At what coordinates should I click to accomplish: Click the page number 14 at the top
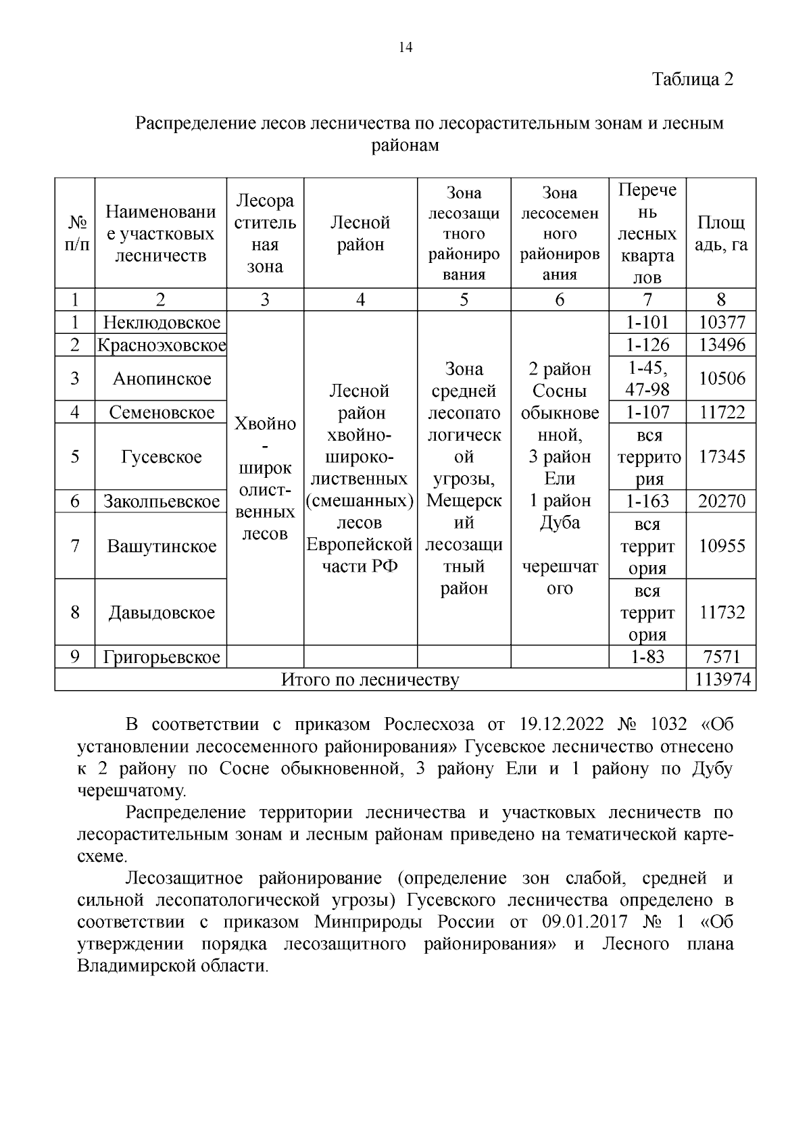(405, 47)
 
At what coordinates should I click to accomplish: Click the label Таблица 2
(692, 79)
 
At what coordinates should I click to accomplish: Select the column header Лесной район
(360, 233)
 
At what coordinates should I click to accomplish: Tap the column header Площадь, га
(721, 233)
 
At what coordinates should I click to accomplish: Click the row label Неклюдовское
(162, 322)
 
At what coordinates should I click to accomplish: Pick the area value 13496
(721, 345)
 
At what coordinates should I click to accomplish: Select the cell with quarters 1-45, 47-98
(647, 379)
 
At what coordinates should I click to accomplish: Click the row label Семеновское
(162, 412)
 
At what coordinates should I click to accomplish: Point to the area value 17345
(721, 456)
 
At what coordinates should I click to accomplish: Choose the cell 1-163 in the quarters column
(647, 501)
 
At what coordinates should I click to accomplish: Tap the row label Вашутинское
(162, 545)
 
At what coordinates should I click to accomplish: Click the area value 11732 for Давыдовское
(721, 612)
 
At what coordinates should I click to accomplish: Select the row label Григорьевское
(162, 657)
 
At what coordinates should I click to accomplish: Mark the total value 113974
(721, 679)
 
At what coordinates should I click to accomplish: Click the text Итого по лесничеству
(370, 679)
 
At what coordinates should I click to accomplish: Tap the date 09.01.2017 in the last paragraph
(585, 922)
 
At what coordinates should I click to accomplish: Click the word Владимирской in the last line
(138, 966)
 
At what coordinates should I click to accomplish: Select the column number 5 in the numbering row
(464, 299)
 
